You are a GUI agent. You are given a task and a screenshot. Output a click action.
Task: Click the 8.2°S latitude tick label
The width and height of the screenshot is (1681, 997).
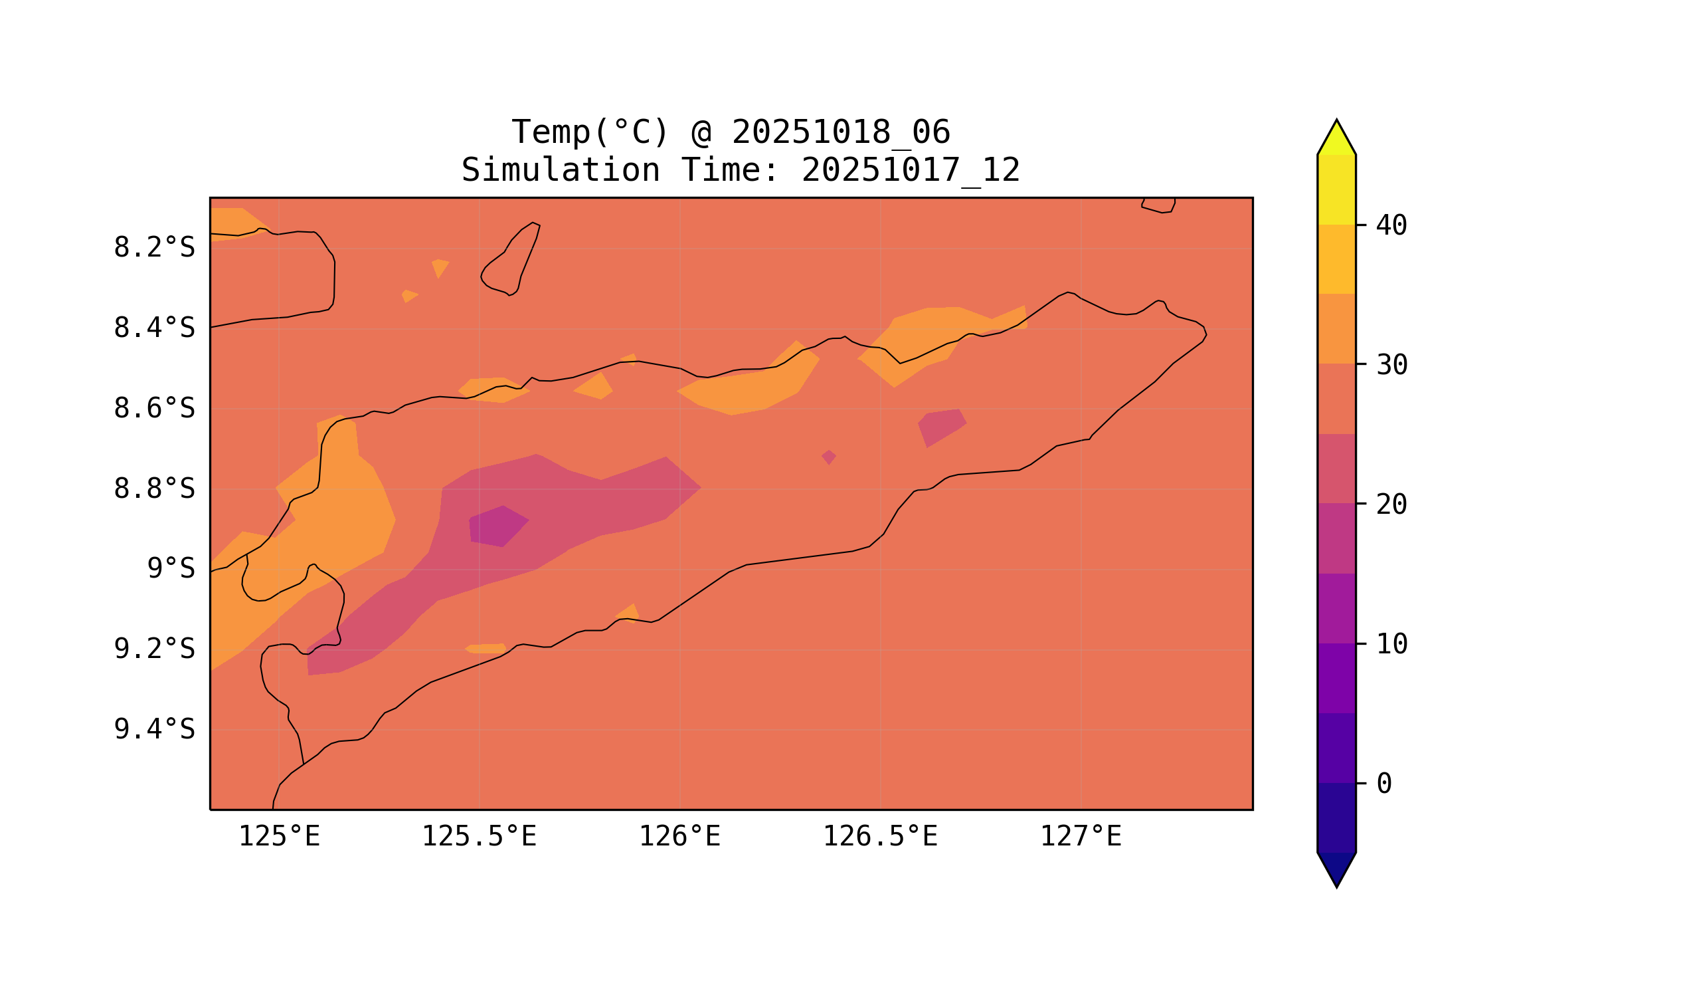coord(153,248)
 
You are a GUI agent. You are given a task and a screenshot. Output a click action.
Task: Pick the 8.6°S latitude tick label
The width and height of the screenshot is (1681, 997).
coord(153,409)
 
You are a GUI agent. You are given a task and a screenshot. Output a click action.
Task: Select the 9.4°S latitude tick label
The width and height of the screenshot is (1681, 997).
coord(153,729)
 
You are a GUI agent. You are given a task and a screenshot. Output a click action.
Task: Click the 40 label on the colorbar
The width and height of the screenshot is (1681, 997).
coord(1391,226)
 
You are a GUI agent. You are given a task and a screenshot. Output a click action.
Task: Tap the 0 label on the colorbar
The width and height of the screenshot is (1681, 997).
coord(1384,784)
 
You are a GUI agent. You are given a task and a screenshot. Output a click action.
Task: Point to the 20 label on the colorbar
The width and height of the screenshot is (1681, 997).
coord(1391,504)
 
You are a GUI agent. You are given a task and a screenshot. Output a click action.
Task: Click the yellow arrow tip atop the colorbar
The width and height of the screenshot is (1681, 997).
coord(1336,138)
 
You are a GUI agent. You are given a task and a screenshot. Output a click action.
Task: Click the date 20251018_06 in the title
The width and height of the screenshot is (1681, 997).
coord(841,132)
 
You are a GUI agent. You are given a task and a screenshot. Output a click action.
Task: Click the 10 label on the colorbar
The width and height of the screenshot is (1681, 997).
coord(1391,644)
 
